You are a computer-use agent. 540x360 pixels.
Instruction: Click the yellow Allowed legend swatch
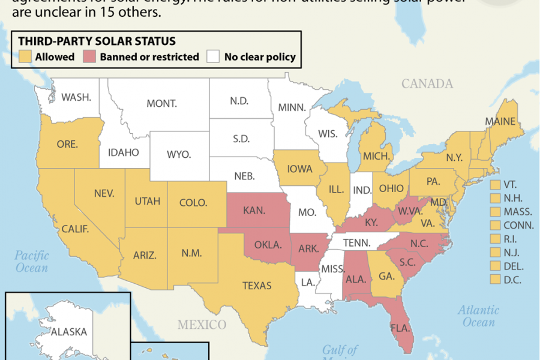24,57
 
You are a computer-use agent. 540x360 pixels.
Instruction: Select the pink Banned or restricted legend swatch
91,57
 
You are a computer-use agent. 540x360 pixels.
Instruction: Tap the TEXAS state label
257,286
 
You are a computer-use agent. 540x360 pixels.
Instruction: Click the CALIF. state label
76,229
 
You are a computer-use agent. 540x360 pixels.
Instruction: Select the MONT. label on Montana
162,103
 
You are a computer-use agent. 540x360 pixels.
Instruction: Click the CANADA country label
427,83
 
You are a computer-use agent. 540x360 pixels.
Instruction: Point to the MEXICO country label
202,325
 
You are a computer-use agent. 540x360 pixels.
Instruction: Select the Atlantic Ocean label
478,316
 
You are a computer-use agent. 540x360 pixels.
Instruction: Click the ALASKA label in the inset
69,331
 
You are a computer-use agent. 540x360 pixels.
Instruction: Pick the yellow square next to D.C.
496,279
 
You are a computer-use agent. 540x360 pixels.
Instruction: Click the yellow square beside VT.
496,184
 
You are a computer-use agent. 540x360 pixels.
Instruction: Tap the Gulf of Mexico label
340,353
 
